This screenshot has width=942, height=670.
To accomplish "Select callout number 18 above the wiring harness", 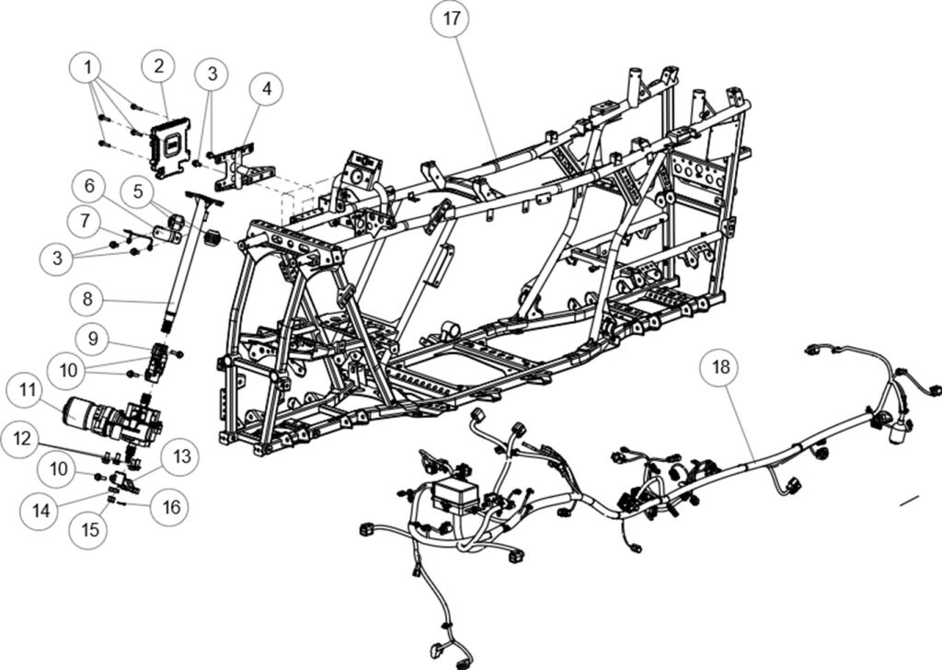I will (x=723, y=366).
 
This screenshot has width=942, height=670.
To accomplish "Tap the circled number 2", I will (x=158, y=66).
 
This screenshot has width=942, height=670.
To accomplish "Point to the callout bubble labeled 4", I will (x=267, y=90).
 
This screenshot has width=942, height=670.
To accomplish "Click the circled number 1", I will (x=88, y=67).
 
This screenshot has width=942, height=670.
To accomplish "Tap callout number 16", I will (x=170, y=505).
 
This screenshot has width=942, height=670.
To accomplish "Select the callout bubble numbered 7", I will (x=86, y=221).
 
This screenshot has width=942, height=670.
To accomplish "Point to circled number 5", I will (x=139, y=191).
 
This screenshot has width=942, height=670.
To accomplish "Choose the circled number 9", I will (x=92, y=337).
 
